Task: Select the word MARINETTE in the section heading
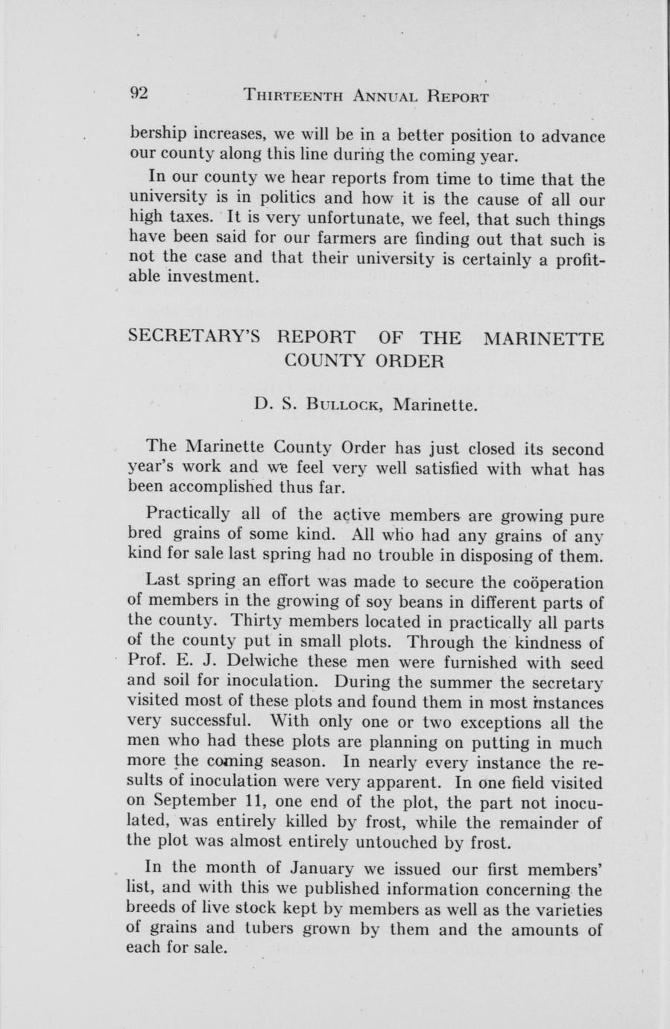point(543,339)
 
